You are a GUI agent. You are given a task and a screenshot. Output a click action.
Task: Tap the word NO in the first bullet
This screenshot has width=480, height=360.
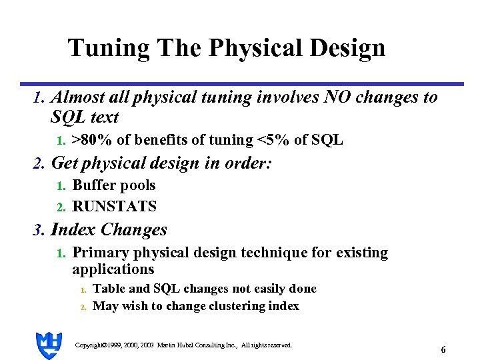point(338,97)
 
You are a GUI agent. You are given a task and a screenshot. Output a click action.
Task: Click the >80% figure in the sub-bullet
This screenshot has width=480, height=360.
point(92,140)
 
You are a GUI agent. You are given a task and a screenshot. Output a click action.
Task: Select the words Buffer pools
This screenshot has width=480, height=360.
point(113,185)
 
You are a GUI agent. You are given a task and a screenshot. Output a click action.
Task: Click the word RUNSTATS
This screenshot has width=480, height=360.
point(114,207)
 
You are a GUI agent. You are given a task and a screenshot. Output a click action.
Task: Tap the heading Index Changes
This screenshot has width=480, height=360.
point(109,230)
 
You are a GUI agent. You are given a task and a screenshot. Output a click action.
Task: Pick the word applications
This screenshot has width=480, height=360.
point(113,269)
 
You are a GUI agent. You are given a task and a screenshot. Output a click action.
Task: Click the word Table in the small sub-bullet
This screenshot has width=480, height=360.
point(107,289)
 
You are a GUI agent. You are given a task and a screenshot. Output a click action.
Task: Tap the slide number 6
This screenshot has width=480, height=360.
point(443,349)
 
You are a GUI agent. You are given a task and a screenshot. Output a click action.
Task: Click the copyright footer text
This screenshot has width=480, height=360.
point(183,345)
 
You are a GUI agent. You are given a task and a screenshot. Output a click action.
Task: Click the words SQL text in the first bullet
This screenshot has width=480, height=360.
point(85,118)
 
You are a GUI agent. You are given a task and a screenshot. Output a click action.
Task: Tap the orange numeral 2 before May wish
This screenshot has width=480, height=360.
point(83,307)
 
